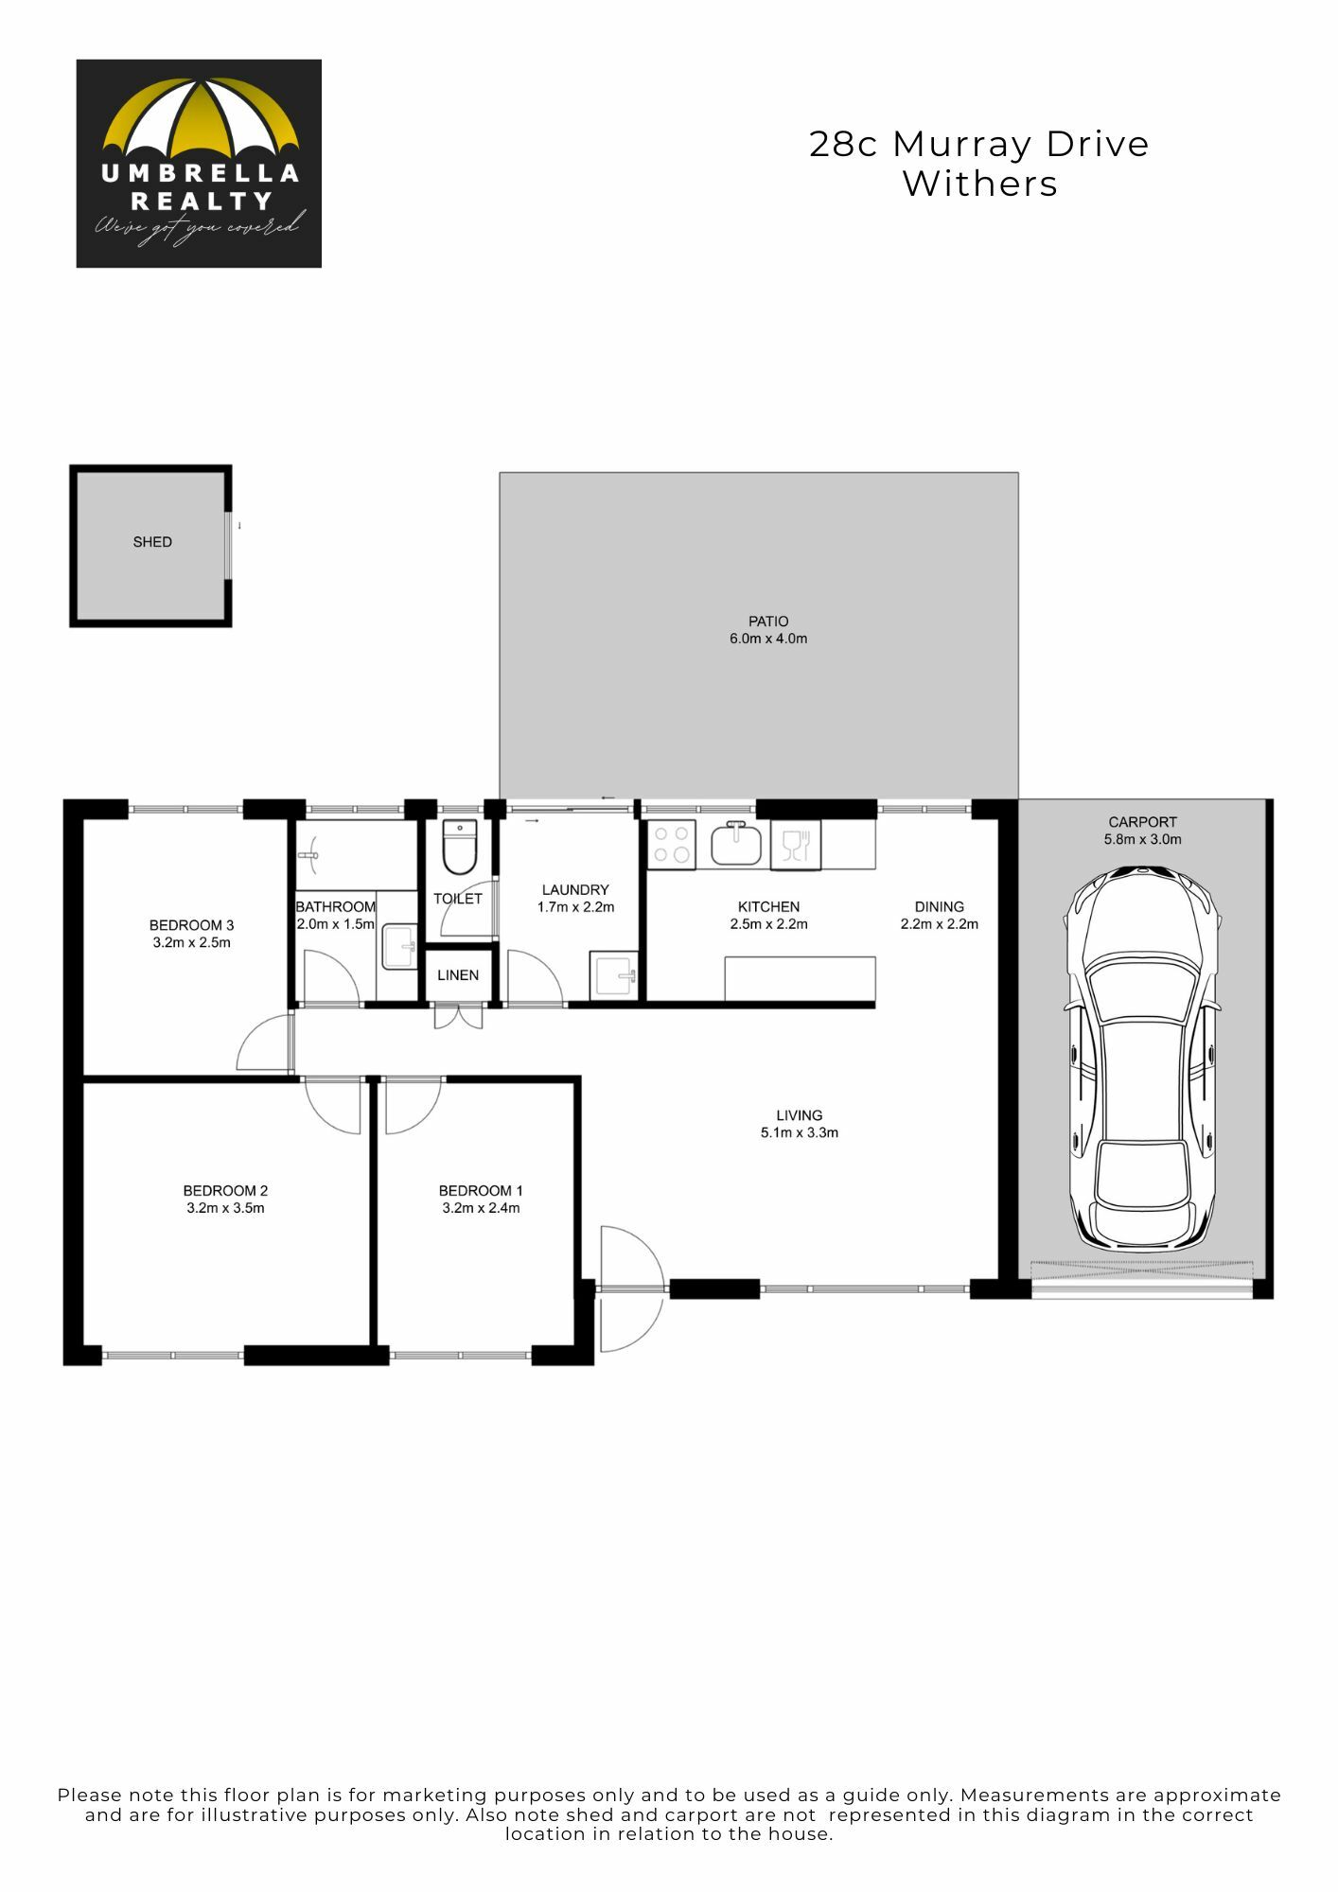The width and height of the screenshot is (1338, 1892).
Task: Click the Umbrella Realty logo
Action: (199, 164)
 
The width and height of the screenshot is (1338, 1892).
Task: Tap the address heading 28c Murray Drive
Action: (979, 144)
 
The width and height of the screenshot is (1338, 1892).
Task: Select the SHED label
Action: (152, 542)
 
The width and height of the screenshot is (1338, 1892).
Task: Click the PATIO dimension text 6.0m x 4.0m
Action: (768, 639)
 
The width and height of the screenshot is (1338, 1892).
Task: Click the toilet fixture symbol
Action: (460, 848)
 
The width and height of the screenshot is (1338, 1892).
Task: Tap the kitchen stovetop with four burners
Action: (672, 845)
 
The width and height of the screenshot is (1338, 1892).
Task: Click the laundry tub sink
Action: (614, 975)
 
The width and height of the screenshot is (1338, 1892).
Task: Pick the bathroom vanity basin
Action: (399, 947)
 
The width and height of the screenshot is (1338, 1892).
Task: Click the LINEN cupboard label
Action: (458, 975)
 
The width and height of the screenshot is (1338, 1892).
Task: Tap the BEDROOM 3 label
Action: (191, 925)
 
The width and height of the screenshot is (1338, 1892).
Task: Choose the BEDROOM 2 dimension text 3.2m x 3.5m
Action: (225, 1208)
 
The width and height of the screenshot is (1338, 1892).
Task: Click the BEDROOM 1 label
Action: (481, 1191)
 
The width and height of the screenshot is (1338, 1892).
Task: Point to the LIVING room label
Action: (800, 1115)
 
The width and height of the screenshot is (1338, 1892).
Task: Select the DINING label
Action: (940, 906)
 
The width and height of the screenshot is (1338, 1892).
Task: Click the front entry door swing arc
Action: (653, 1288)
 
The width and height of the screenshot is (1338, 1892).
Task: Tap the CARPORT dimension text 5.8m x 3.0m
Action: (1143, 839)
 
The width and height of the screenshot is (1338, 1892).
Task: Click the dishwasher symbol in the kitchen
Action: (796, 845)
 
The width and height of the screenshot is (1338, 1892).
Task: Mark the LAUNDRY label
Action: (575, 890)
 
